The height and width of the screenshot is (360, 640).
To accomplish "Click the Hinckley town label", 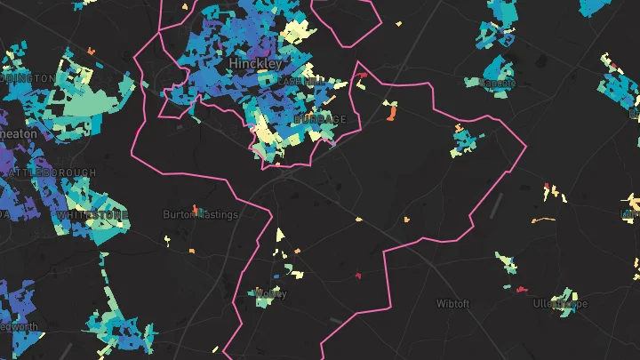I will pyautogui.click(x=255, y=64).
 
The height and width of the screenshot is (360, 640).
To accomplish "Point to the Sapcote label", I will pyautogui.click(x=497, y=83).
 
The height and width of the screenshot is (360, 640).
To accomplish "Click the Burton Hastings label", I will pyautogui.click(x=200, y=214).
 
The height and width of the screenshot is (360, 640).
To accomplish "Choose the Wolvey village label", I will pyautogui.click(x=270, y=292).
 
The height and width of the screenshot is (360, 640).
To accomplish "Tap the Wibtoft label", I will pyautogui.click(x=456, y=303).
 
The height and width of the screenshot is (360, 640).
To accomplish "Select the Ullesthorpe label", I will pyautogui.click(x=560, y=303).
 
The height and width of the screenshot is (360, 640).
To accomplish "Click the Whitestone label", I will pyautogui.click(x=92, y=215).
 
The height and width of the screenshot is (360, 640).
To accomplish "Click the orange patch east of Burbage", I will pyautogui.click(x=391, y=112).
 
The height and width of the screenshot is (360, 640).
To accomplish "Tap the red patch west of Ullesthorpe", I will pyautogui.click(x=520, y=289).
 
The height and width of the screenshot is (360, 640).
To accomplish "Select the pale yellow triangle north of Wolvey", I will pyautogui.click(x=279, y=235).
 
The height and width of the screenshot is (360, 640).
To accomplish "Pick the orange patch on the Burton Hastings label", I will pyautogui.click(x=195, y=210).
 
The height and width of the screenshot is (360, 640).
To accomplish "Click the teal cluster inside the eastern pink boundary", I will pyautogui.click(x=462, y=140).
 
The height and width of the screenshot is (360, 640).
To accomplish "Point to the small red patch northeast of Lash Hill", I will pyautogui.click(x=361, y=74).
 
